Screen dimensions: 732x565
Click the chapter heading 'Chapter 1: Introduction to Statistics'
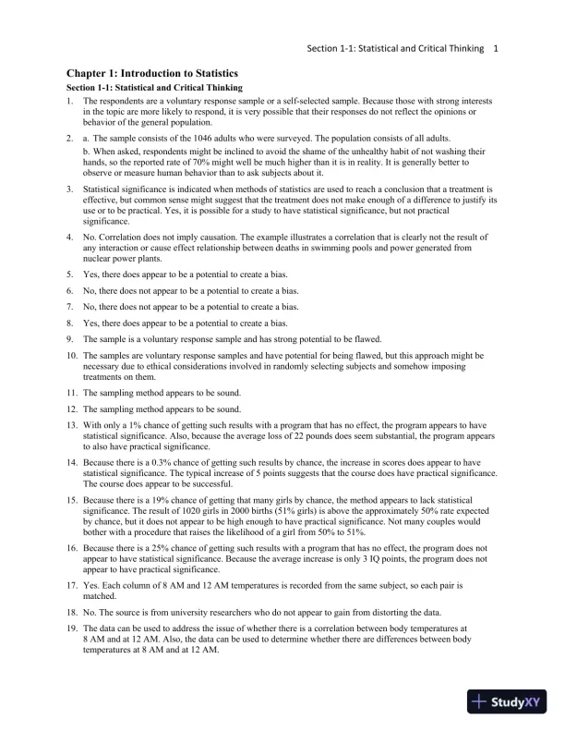(x=151, y=73)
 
